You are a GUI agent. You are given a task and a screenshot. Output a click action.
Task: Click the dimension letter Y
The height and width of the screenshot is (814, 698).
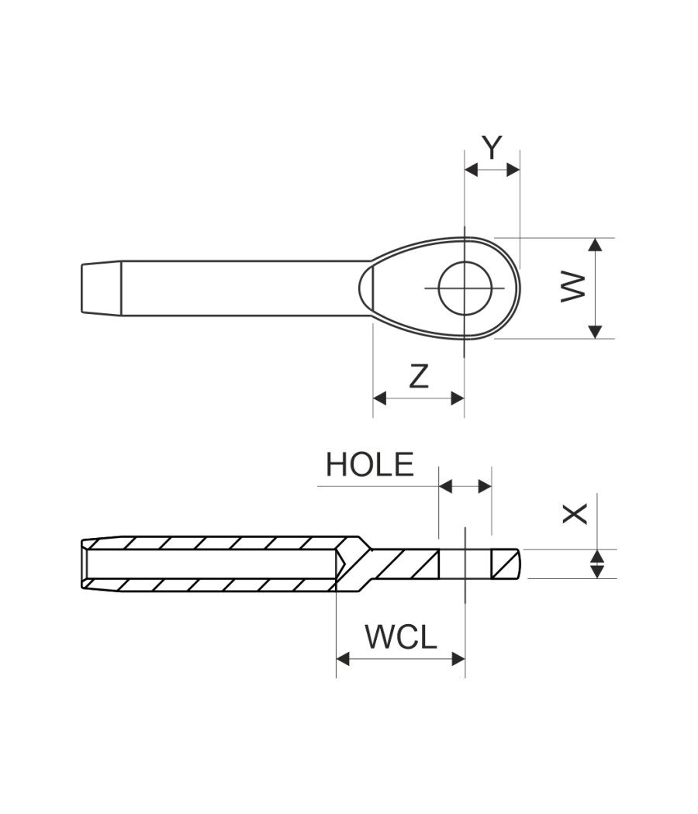[x=492, y=147]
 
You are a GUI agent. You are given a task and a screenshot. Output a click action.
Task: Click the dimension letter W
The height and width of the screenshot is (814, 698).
[x=573, y=288]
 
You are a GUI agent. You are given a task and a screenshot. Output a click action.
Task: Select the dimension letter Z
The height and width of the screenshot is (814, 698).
[x=419, y=376]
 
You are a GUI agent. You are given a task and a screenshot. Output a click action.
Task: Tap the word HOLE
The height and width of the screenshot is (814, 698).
[x=369, y=464]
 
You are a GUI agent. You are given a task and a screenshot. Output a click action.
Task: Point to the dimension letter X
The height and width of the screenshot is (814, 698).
[x=575, y=513]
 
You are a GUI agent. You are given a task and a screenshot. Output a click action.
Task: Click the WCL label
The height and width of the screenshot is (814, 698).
[x=401, y=637]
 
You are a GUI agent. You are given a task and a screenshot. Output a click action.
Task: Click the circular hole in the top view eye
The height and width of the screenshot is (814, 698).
[x=465, y=288]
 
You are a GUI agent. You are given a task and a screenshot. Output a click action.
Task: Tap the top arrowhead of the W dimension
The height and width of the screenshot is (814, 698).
[x=595, y=245]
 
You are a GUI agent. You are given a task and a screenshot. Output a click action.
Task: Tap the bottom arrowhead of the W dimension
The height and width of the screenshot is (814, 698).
[x=595, y=331]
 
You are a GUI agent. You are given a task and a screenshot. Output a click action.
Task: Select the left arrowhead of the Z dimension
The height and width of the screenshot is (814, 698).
[x=380, y=398]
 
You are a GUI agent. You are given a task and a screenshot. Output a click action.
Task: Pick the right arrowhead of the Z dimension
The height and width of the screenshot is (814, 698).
[x=458, y=398]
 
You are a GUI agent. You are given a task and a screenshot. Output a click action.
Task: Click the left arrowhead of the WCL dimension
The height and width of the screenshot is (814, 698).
[x=343, y=659]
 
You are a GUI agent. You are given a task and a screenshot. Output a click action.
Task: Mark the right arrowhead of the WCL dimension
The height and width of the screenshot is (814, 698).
[x=458, y=659]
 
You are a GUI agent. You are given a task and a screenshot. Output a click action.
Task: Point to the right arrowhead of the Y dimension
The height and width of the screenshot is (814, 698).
[x=513, y=171]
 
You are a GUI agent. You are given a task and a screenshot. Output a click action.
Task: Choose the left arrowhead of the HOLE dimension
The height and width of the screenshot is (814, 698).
[x=445, y=487]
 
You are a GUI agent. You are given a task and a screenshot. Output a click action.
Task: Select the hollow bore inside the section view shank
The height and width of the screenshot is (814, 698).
[x=209, y=564]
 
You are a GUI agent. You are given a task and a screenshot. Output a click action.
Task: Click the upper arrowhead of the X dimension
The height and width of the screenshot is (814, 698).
[x=596, y=557]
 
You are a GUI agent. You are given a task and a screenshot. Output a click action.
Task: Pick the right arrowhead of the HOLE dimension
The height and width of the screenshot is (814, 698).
[x=485, y=487]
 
